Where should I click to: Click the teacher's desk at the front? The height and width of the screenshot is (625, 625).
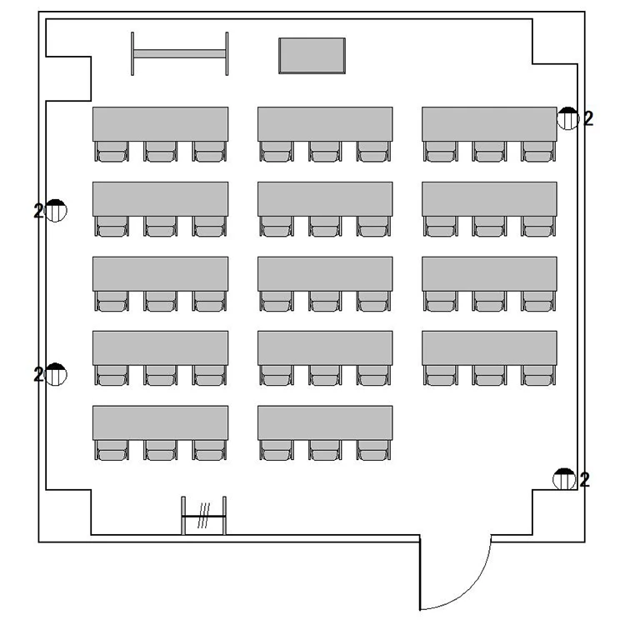[312, 56]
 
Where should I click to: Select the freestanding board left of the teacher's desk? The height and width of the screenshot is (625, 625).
[180, 54]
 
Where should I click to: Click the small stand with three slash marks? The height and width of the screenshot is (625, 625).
[203, 516]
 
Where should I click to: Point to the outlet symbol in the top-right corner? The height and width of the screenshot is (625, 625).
[568, 118]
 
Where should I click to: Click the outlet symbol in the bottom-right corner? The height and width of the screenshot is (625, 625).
[564, 479]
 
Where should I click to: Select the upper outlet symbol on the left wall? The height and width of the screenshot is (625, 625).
[56, 211]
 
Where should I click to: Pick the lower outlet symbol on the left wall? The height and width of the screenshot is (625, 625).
[56, 374]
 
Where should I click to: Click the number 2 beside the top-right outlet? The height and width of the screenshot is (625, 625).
[588, 119]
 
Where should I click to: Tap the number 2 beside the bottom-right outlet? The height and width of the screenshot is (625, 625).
[584, 480]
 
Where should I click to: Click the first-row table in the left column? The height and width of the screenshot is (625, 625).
[161, 124]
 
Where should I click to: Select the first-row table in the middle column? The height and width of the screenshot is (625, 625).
[325, 124]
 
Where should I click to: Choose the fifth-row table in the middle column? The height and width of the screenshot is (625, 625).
[325, 422]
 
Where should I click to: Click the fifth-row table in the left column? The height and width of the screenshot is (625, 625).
[161, 422]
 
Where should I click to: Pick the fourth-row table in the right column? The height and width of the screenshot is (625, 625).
[489, 348]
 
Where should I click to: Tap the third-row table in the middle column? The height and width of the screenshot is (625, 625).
[325, 274]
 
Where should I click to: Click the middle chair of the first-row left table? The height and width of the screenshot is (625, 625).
[161, 152]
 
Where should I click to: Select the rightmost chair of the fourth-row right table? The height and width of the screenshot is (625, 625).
[538, 376]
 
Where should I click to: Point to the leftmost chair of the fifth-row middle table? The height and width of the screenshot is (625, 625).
[277, 450]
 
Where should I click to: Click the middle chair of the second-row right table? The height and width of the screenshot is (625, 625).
[489, 227]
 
